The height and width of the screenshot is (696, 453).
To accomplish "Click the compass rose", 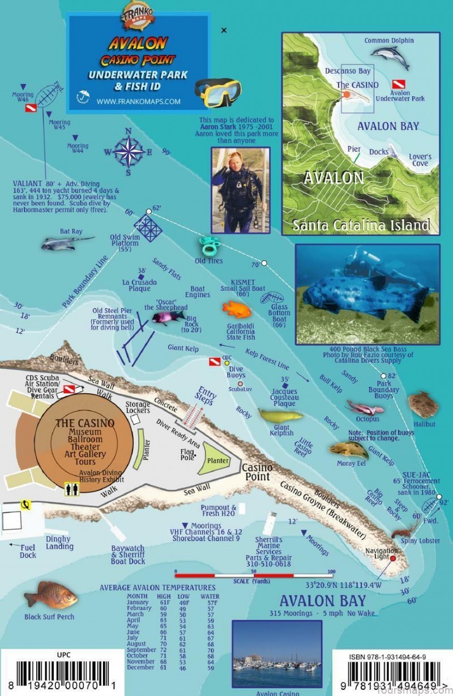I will [129, 152].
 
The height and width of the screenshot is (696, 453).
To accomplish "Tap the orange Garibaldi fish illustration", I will [237, 309].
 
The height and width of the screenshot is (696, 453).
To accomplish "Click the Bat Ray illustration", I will [66, 243].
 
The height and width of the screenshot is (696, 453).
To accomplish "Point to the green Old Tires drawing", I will [209, 247].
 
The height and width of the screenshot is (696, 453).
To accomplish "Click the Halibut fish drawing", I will [424, 404].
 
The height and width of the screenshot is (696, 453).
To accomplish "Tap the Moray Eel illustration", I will [349, 450].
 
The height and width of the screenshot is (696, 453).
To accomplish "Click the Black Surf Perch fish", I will [51, 595].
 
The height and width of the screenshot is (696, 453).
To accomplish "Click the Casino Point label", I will [257, 472].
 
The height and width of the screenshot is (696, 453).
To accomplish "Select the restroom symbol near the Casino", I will [71, 487].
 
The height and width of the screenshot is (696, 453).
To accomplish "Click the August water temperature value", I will [210, 643].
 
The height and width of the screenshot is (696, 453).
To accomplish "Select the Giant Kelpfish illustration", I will [280, 416].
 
